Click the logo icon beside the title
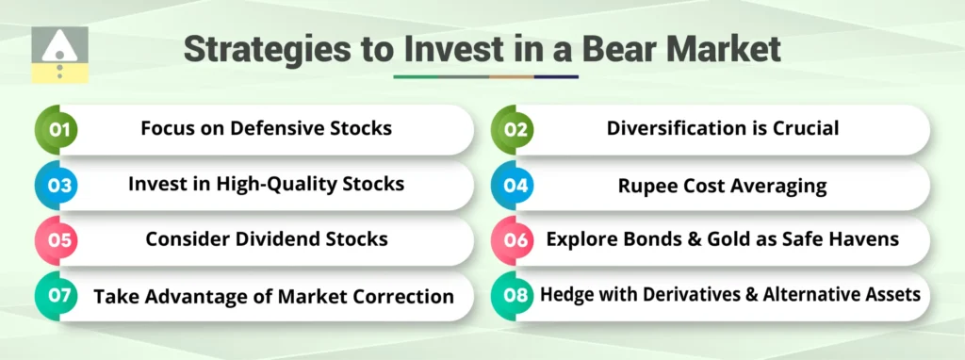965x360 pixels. click(59, 55)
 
